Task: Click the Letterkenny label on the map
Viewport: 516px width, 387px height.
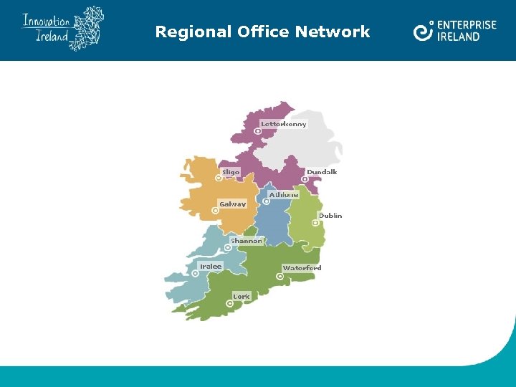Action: click(x=284, y=124)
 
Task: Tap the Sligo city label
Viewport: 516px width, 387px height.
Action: click(x=231, y=172)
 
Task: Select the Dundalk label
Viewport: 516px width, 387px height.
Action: click(x=322, y=172)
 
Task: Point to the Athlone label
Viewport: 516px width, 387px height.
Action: click(x=284, y=194)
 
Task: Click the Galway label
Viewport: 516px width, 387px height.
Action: click(x=233, y=204)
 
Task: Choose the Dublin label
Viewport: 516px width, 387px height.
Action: click(x=330, y=215)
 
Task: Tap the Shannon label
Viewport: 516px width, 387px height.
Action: click(x=247, y=241)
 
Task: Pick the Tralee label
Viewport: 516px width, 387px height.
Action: click(x=211, y=266)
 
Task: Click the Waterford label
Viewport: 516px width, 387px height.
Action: click(x=302, y=268)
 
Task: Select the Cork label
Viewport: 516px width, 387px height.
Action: click(x=242, y=296)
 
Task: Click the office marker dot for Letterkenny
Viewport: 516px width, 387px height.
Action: click(x=257, y=131)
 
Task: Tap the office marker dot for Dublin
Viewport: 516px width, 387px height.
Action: click(x=315, y=223)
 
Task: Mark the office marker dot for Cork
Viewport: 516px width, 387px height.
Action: click(x=230, y=303)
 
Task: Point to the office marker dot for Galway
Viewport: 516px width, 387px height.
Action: click(x=216, y=211)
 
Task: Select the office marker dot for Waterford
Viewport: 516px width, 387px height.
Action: click(x=280, y=276)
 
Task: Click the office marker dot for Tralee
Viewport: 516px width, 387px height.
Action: click(x=196, y=273)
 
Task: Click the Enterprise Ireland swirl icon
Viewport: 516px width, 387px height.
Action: click(x=424, y=31)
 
